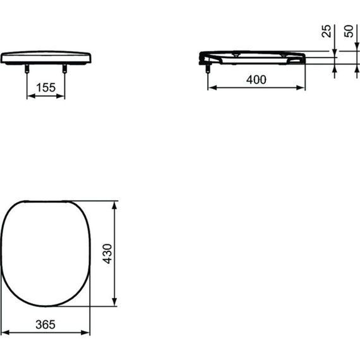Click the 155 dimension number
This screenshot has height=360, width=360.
(x=45, y=87)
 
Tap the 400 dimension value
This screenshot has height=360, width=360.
(x=255, y=79)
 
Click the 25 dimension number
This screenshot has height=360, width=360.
(x=327, y=32)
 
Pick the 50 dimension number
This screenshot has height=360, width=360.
(x=348, y=32)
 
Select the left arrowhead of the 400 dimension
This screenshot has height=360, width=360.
(x=211, y=88)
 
